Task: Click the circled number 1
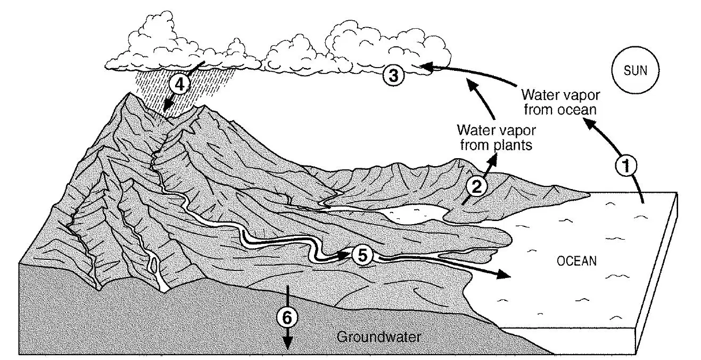[626, 166]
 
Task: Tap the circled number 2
[476, 187]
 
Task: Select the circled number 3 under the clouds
[393, 75]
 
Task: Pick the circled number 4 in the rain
[179, 84]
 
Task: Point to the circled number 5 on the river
[362, 255]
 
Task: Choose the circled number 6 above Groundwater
[287, 317]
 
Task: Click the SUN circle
[636, 70]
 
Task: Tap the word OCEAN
[576, 261]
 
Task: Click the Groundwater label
[378, 337]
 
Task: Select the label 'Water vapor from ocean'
[560, 102]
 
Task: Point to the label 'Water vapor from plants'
[496, 138]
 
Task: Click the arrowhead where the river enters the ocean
[503, 275]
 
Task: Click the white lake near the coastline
[413, 214]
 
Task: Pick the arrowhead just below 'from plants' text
[493, 159]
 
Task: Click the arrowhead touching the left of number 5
[343, 255]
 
